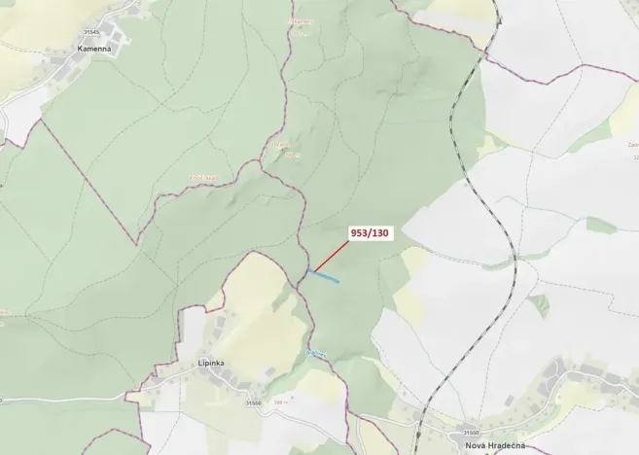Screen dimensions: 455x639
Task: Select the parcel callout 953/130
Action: (x=370, y=233)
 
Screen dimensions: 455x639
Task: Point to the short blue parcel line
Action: (x=325, y=277)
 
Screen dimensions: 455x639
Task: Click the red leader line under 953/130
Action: (x=331, y=256)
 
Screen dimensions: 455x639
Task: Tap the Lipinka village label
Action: (x=211, y=363)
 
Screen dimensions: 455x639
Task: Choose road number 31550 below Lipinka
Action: (x=253, y=402)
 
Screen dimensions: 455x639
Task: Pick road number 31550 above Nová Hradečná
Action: (x=471, y=432)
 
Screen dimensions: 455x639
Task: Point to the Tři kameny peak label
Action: (x=302, y=20)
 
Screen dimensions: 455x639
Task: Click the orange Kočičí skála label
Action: (x=203, y=177)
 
